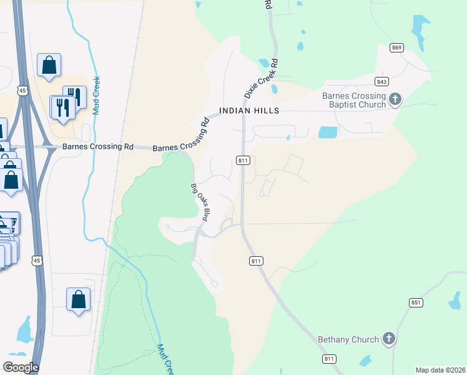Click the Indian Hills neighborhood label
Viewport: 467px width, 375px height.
(x=248, y=111)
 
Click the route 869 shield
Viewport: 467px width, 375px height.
(x=396, y=47)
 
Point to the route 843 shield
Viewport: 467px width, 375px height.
(x=382, y=82)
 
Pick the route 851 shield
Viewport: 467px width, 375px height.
(x=416, y=302)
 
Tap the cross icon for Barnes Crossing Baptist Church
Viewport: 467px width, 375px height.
(x=395, y=99)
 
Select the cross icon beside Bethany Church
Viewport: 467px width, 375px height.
(x=388, y=339)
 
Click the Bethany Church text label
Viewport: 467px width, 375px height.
(x=348, y=339)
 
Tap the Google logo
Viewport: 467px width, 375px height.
(x=21, y=367)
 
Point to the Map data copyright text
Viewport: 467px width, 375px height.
(x=441, y=370)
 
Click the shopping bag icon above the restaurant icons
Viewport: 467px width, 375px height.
(x=49, y=65)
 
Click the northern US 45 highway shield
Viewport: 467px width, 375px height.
(x=22, y=91)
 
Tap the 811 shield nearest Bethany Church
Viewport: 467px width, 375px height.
(x=330, y=359)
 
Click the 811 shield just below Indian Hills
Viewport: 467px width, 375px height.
(x=243, y=161)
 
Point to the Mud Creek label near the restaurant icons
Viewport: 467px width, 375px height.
(x=97, y=95)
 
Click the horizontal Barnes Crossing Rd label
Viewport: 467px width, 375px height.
(x=98, y=147)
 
